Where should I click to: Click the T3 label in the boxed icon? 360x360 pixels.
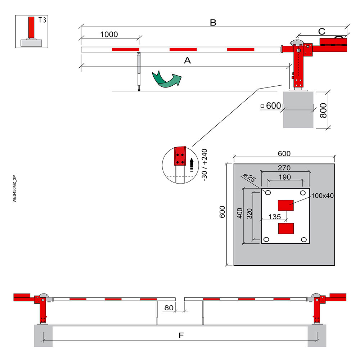coord(42,20)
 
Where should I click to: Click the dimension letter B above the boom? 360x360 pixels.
coord(213,22)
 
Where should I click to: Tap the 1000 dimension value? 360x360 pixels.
coord(109,35)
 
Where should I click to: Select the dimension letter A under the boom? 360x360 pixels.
coord(187,60)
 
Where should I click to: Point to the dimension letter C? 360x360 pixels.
coord(321,31)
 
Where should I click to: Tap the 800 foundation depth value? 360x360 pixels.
coord(323,111)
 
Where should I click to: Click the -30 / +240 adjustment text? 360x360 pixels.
coord(204,165)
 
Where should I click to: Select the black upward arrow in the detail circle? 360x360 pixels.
coord(192,165)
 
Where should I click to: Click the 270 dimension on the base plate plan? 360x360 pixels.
coord(284,168)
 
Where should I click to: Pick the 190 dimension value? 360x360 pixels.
coord(285,177)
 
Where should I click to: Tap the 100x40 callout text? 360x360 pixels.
coord(322,195)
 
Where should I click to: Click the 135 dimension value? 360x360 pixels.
coord(275,217)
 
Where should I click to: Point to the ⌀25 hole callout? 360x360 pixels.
coord(249,177)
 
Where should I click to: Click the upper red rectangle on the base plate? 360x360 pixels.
coord(286,205)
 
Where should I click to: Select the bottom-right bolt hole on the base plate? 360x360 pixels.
coord(304,240)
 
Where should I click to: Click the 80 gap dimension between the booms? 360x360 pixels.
coord(169,308)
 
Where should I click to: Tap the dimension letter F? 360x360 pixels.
coord(181,335)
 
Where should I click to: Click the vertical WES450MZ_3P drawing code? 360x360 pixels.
coord(14,189)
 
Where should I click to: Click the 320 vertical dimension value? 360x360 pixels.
coord(249,214)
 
